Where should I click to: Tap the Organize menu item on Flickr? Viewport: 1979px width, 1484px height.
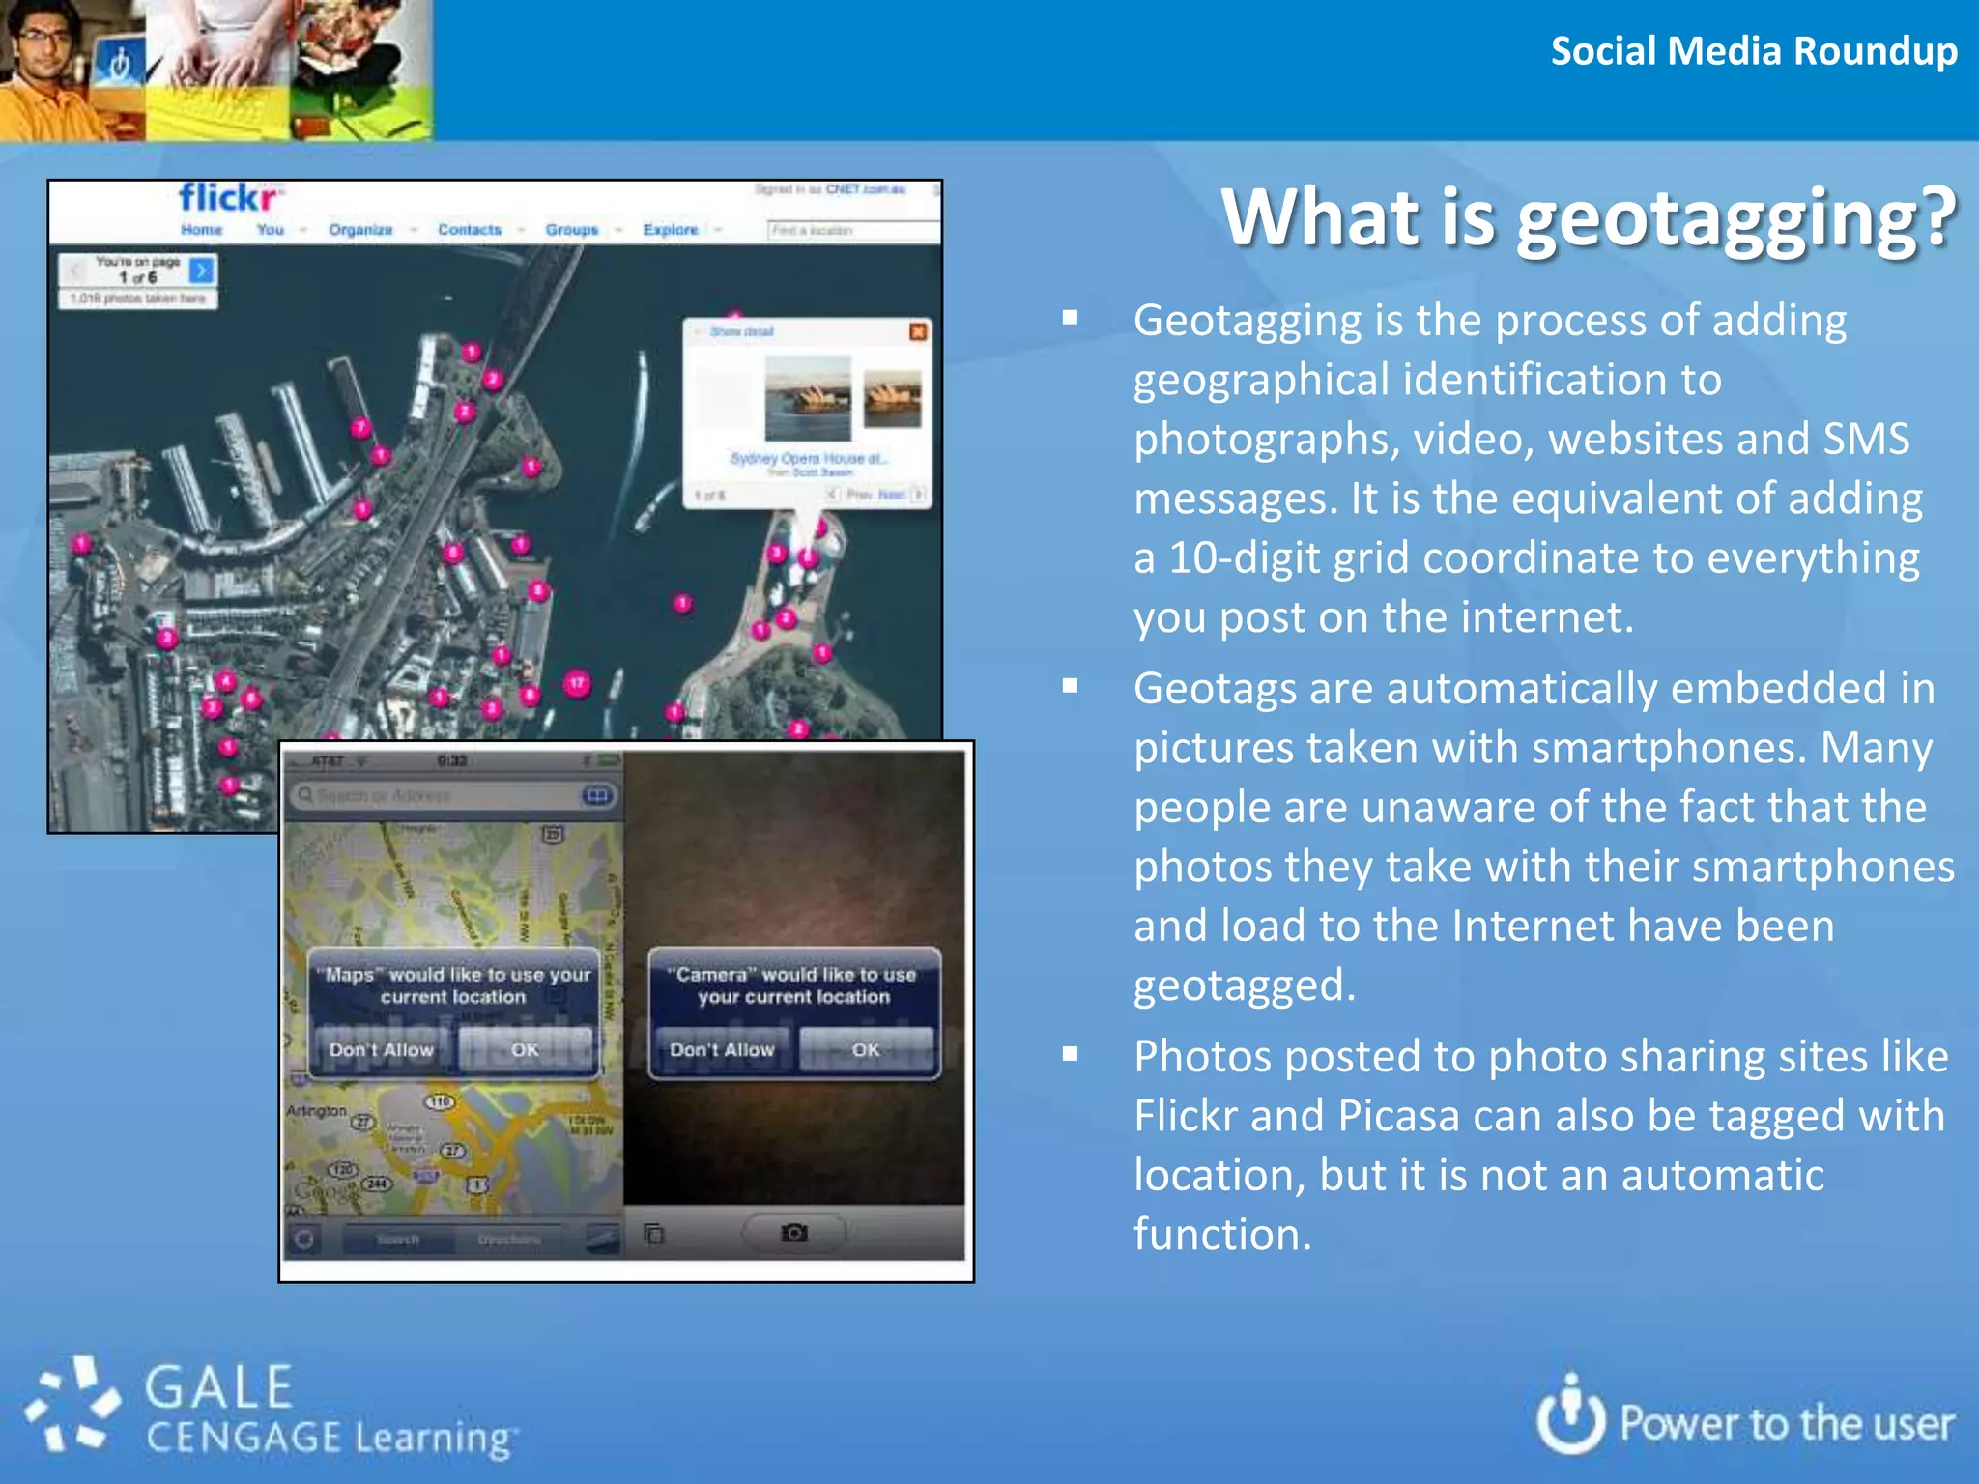point(360,230)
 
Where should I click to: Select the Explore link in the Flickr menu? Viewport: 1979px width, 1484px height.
point(671,230)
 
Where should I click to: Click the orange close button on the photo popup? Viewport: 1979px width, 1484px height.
point(918,332)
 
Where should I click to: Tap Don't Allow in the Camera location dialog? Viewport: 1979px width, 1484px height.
point(722,1050)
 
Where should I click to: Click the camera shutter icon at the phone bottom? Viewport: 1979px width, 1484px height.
point(794,1233)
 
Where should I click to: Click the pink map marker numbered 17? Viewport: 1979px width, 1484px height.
point(577,685)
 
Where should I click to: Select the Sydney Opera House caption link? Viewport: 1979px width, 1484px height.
point(808,458)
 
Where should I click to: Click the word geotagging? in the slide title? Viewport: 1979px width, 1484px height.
point(1735,218)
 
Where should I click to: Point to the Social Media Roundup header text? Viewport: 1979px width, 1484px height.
point(1753,51)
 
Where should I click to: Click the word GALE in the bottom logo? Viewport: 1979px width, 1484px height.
point(218,1388)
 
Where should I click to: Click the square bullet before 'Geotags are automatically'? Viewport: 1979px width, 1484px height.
point(1070,686)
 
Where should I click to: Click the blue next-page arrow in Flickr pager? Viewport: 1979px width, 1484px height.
point(201,271)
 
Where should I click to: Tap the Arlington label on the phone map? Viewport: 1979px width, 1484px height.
point(316,1111)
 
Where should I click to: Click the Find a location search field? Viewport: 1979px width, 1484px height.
point(850,230)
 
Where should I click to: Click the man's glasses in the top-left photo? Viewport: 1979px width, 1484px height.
point(43,39)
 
